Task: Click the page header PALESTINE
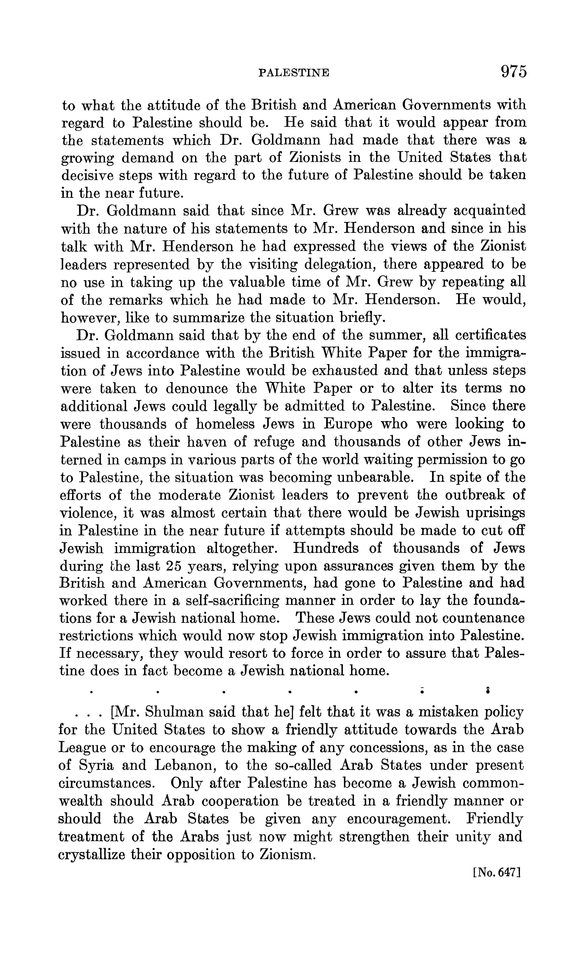tap(294, 73)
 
